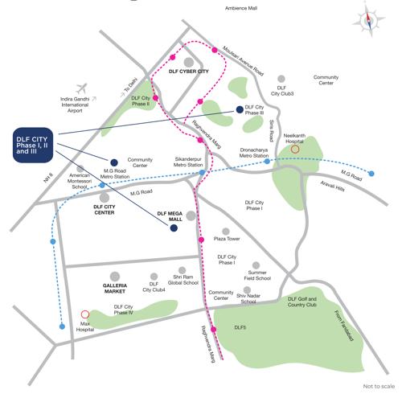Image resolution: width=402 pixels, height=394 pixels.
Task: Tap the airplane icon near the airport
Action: (80, 88)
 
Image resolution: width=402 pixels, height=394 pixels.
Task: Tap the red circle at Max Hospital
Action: (86, 314)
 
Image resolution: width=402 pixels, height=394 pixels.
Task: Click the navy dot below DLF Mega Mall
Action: (174, 229)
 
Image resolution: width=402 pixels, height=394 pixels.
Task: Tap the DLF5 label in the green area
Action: (240, 328)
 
